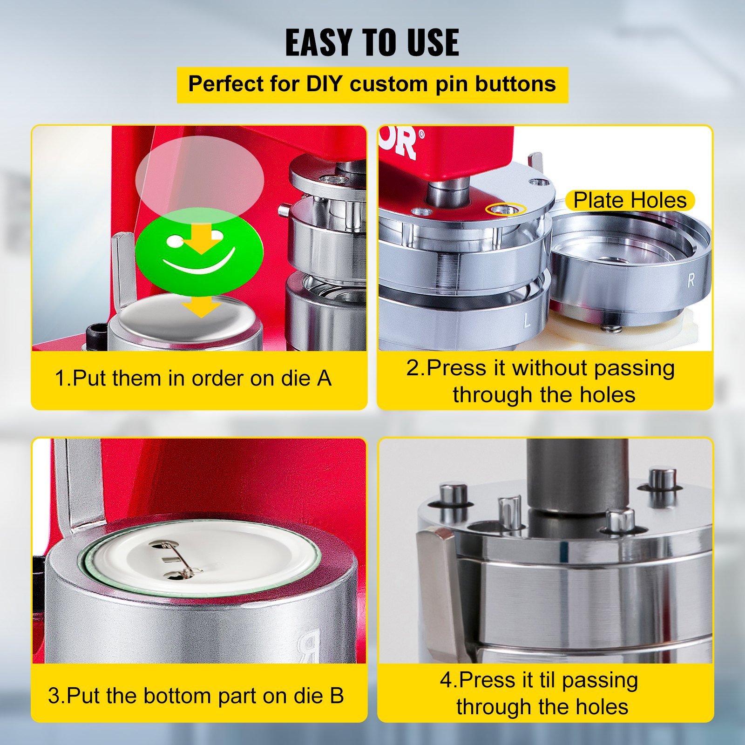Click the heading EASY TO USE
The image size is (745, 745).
[x=372, y=43]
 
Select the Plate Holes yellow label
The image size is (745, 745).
[x=630, y=200]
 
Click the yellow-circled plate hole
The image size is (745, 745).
[x=505, y=209]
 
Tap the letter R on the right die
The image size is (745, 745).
[x=691, y=280]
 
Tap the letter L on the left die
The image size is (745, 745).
[x=527, y=320]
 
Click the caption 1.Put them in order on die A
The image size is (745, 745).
[x=193, y=378]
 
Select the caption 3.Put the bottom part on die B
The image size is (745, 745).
[x=196, y=696]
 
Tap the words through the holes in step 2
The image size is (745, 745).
[x=544, y=395]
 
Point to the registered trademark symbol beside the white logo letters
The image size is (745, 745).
[x=421, y=135]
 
